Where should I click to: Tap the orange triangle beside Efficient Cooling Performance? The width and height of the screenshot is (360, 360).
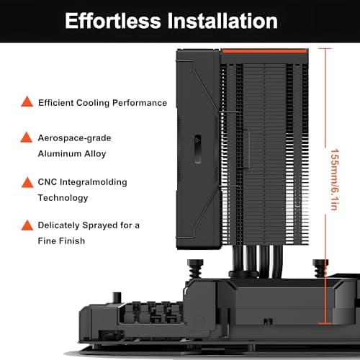pyautogui.click(x=27, y=102)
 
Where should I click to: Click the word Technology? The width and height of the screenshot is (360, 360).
pyautogui.click(x=63, y=197)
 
